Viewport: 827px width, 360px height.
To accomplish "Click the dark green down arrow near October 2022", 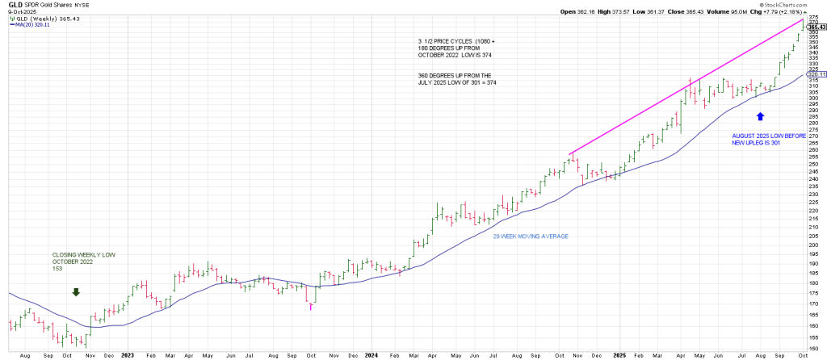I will pos(76,292).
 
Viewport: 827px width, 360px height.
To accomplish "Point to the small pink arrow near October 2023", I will pos(311,307).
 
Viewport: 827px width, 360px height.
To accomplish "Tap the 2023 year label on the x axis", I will pos(127,355).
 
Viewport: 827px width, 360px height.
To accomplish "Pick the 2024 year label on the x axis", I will pos(371,355).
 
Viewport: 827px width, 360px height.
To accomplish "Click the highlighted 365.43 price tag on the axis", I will pos(817,26).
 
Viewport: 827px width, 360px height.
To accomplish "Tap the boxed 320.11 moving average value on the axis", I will pos(817,73).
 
